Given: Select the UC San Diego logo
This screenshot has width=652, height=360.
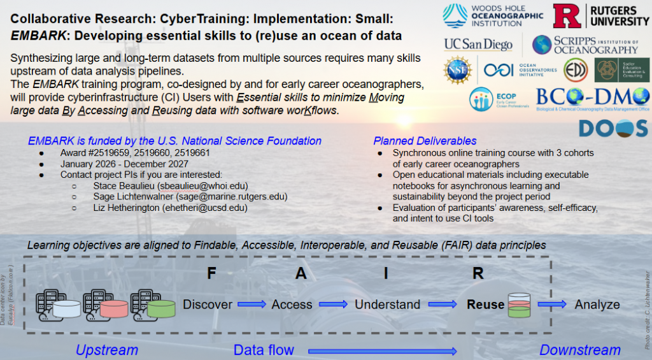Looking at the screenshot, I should click(478, 45).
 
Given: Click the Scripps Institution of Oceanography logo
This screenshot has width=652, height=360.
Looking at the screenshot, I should click(585, 45).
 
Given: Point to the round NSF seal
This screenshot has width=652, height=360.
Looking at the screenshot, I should click(457, 69).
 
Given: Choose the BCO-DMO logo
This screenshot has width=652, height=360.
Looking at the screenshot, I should click(592, 99).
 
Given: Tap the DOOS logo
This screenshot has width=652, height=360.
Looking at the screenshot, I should click(613, 127).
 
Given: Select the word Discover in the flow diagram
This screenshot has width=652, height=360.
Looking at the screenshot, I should click(208, 305).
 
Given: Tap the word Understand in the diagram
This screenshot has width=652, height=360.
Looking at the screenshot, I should click(387, 305).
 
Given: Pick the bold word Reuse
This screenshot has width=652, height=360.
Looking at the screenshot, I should click(485, 305).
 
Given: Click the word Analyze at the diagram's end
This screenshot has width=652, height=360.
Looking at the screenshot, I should click(597, 305).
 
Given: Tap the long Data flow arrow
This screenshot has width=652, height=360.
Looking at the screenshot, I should click(382, 350).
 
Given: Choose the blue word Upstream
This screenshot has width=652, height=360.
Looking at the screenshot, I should click(106, 350).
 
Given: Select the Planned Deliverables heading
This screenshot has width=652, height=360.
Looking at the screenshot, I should click(425, 141).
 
